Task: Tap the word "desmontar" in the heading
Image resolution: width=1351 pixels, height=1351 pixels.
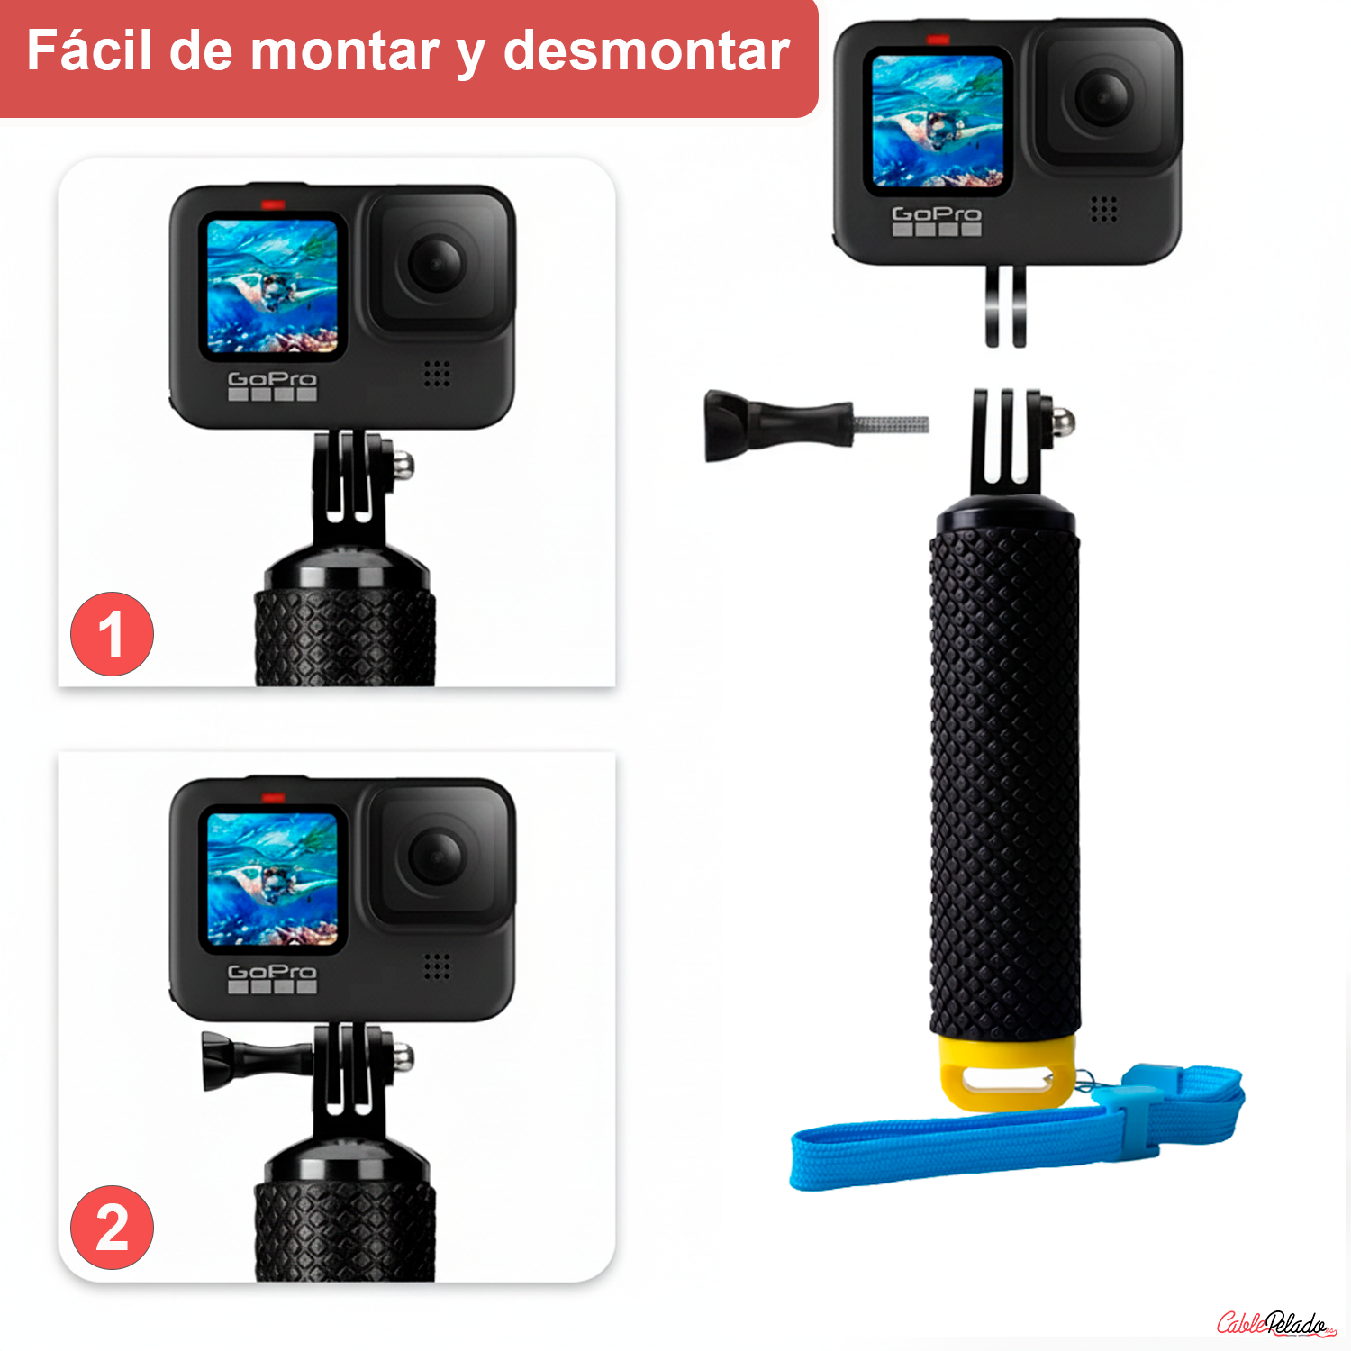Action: pos(646,50)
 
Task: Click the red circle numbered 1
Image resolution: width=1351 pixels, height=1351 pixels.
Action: pos(112,634)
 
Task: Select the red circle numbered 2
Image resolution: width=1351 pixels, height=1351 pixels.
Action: pos(112,1228)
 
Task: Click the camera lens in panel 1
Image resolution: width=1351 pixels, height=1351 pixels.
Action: pos(437,263)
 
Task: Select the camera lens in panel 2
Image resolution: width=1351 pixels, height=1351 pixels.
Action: pos(437,856)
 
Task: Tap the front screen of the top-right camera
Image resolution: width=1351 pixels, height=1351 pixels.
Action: pos(938,121)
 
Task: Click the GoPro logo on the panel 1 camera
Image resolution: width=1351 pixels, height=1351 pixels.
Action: pos(272,379)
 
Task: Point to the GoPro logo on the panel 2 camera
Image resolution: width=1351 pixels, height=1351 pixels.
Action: pos(272,972)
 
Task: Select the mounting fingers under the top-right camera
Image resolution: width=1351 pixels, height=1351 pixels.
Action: pos(1005,306)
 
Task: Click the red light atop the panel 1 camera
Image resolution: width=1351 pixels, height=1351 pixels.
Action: pos(273,205)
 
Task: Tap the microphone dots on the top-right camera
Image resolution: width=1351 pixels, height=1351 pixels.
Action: pos(1103,209)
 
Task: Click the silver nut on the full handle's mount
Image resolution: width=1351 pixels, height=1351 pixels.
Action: pos(1063,421)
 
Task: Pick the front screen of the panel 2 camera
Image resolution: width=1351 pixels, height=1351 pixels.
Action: pos(272,879)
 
